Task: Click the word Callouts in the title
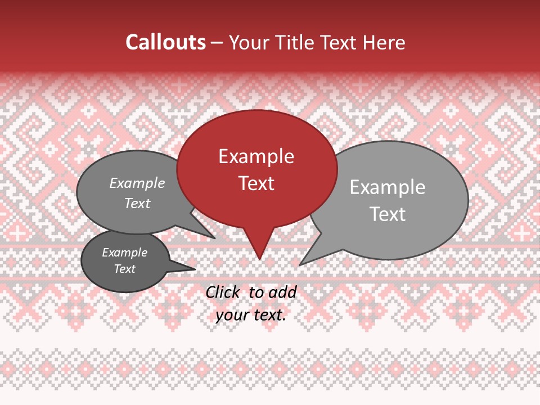(x=165, y=42)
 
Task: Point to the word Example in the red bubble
(x=256, y=156)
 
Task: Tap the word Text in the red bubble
(x=256, y=183)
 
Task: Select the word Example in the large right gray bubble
(x=388, y=187)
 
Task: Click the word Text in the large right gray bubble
(x=388, y=214)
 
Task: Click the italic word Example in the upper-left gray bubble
(x=137, y=183)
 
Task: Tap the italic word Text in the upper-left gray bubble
(x=137, y=203)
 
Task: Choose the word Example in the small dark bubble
(x=125, y=253)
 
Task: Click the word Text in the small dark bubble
(x=125, y=269)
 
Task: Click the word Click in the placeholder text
(x=223, y=292)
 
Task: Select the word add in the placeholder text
(x=282, y=292)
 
